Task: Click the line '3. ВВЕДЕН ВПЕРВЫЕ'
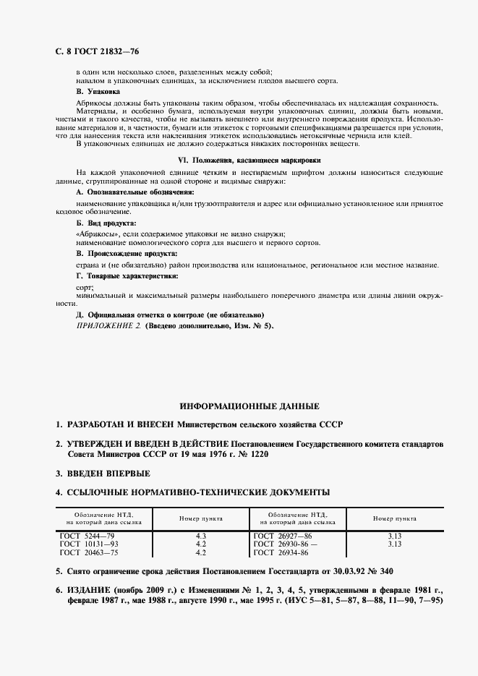point(103,474)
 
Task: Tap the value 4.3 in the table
point(201,535)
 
